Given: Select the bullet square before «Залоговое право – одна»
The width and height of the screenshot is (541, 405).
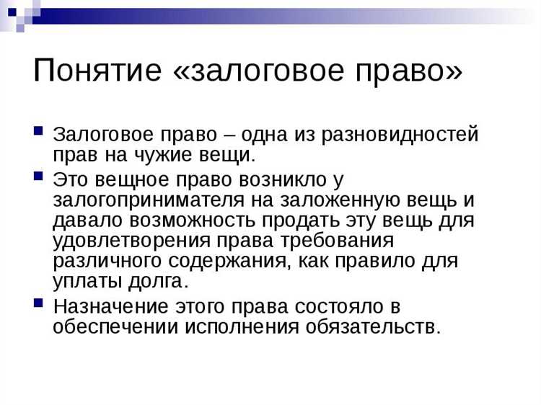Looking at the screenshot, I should (x=39, y=132).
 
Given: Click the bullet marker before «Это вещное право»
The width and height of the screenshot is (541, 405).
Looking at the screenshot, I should (x=39, y=175).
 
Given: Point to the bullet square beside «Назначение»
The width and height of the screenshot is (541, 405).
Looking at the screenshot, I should (x=39, y=302).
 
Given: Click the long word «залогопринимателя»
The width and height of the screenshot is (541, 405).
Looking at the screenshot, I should (x=149, y=199).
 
